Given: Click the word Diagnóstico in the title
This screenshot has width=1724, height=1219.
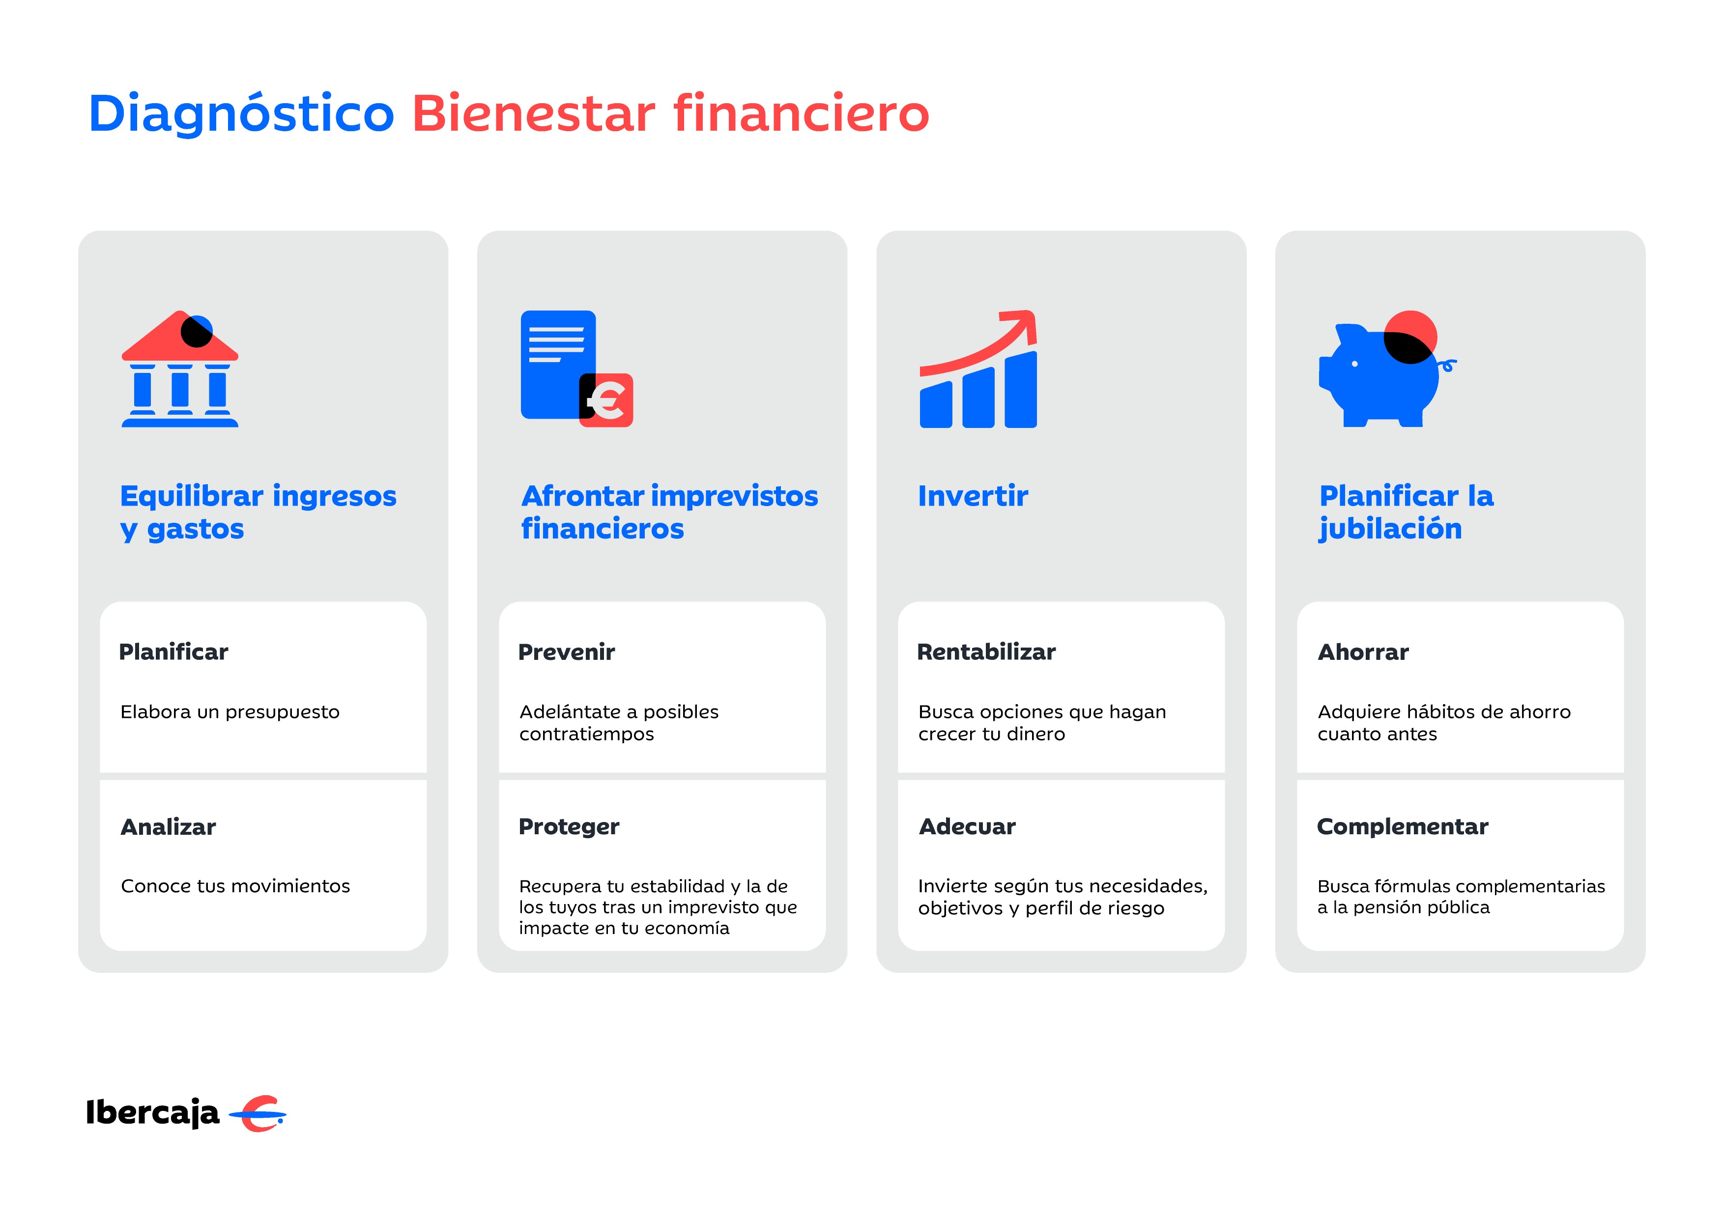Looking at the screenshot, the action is click(241, 114).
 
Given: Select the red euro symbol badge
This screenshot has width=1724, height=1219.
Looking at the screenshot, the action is click(607, 400).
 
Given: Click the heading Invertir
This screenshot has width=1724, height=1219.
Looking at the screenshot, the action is click(973, 496).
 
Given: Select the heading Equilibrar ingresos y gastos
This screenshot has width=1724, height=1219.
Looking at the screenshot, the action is click(259, 512).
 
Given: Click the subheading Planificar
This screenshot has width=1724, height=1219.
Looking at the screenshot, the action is click(173, 652).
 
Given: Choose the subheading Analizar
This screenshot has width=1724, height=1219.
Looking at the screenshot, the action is click(168, 826).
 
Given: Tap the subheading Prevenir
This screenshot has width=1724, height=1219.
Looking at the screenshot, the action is click(567, 652).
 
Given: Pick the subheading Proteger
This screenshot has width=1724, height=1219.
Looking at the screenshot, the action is click(569, 826).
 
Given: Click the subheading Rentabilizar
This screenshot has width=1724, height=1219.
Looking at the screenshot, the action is click(987, 652).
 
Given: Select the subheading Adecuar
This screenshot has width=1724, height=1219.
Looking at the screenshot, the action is click(967, 826).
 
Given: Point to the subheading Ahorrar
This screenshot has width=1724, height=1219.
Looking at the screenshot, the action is click(1364, 652).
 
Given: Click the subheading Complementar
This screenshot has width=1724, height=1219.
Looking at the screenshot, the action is click(1403, 826).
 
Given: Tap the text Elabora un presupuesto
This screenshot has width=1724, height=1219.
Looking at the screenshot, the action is click(230, 711).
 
